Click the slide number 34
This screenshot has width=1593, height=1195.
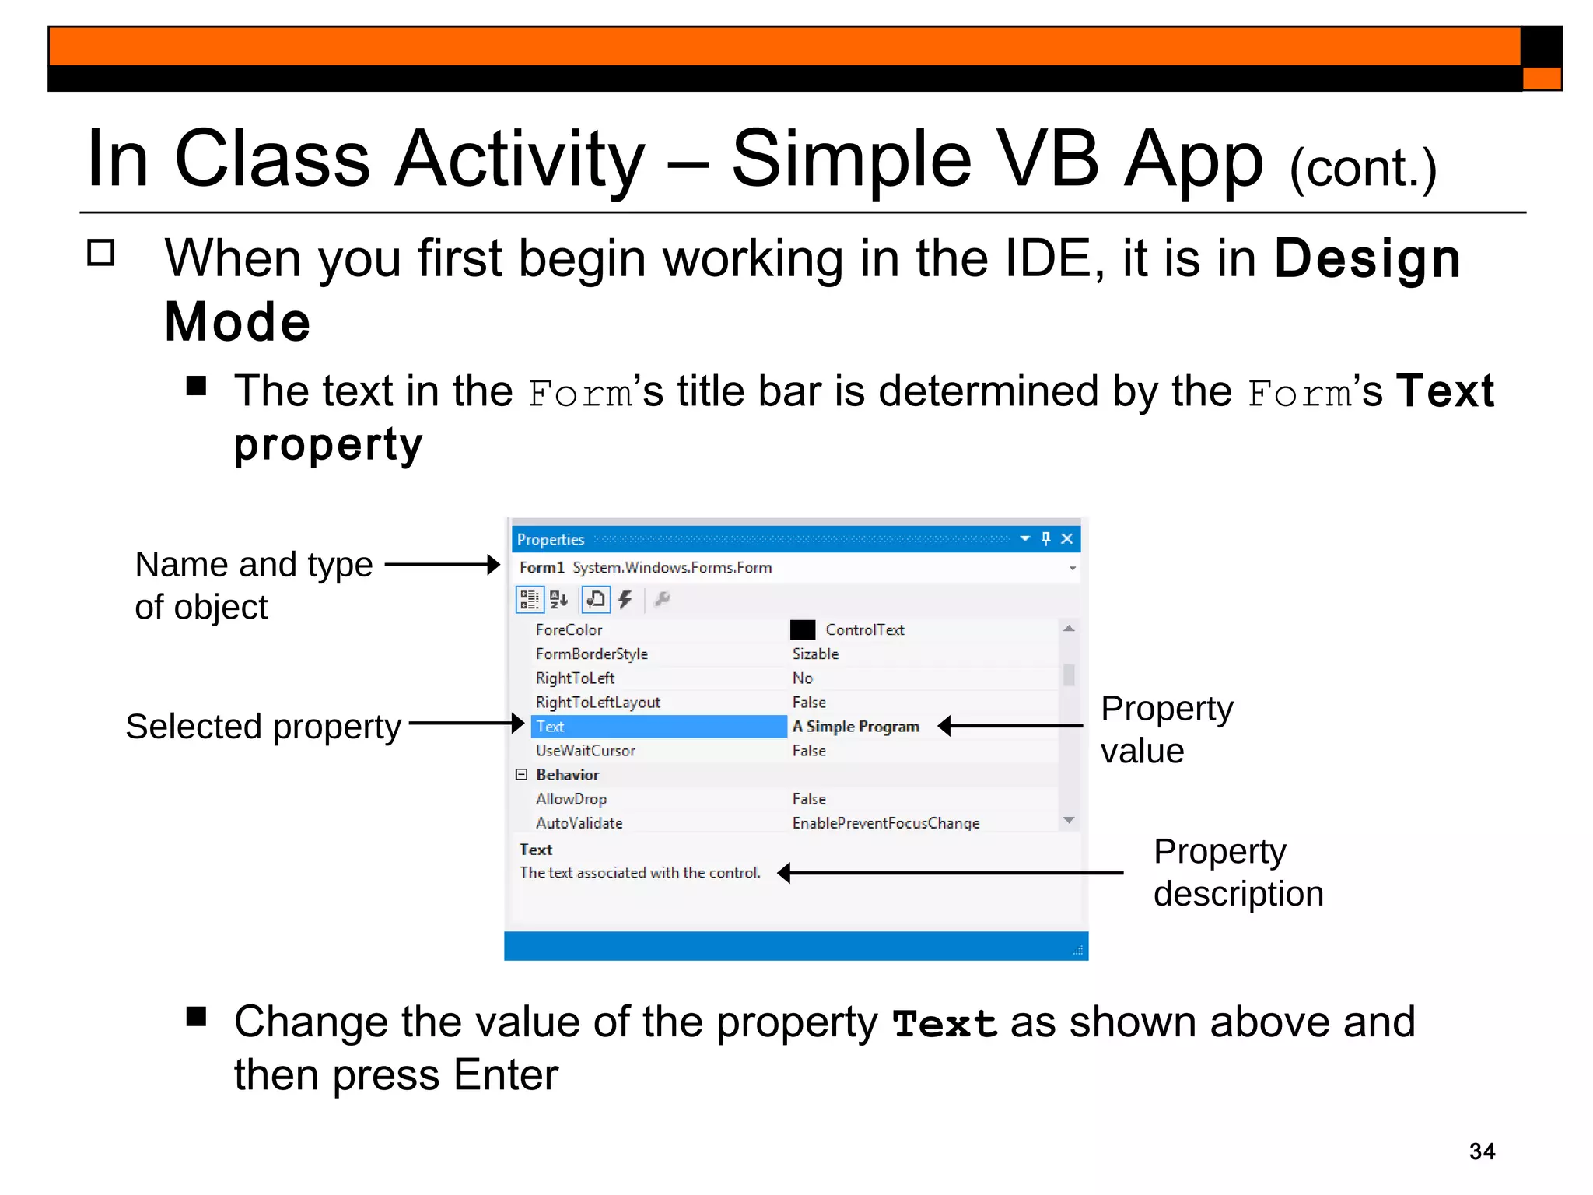tap(1481, 1151)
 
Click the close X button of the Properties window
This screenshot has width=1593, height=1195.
tap(1067, 538)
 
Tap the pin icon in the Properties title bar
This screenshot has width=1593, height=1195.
tap(1045, 538)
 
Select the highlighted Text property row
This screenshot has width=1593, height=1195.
tap(658, 727)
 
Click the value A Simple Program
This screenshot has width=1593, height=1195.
tap(855, 727)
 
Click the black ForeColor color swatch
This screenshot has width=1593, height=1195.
tap(802, 629)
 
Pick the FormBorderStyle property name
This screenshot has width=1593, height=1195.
tap(591, 654)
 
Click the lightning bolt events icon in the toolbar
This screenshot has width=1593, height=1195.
tap(625, 599)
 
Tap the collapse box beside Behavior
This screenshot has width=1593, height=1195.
tap(521, 775)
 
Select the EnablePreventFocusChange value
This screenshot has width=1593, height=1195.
tap(885, 823)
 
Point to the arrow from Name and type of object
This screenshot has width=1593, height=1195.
tap(442, 565)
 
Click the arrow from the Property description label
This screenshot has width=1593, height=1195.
tap(949, 873)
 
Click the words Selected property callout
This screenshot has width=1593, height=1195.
tap(263, 727)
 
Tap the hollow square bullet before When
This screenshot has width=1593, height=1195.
tap(101, 253)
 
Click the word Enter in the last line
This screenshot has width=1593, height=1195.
tap(506, 1075)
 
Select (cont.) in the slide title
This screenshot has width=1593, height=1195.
tap(1362, 168)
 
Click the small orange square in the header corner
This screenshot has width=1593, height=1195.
tap(1541, 79)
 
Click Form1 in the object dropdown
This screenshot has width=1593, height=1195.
tap(541, 568)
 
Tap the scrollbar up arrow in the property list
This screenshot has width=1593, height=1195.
tap(1069, 629)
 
